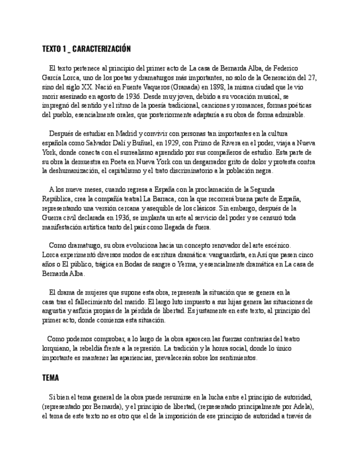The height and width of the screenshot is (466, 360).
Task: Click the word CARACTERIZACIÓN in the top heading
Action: tap(101, 49)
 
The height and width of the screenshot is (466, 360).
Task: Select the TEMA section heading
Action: tap(51, 378)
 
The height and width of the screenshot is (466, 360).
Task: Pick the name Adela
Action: tap(301, 407)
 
